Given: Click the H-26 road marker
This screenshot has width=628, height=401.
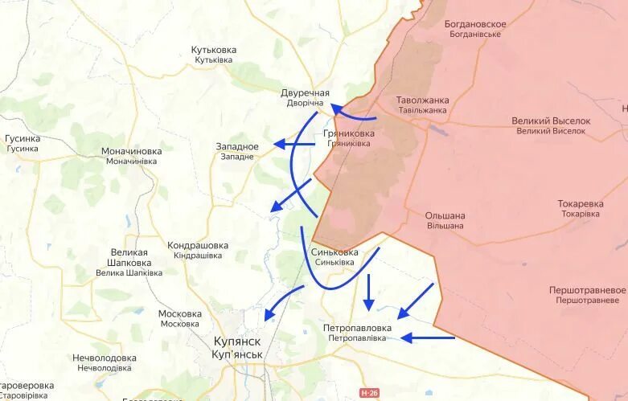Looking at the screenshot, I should click(x=369, y=393).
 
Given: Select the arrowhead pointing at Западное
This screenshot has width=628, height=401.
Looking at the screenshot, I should click(x=278, y=144).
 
